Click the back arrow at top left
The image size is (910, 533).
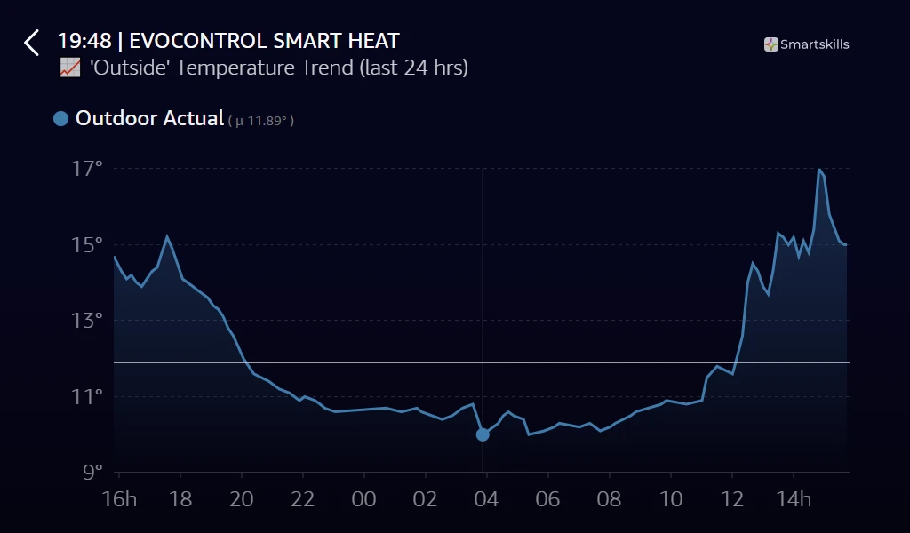pyautogui.click(x=32, y=43)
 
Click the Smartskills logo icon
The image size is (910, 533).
pyautogui.click(x=771, y=44)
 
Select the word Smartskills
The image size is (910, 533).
pyautogui.click(x=815, y=44)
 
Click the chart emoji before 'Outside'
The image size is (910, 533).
pyautogui.click(x=70, y=68)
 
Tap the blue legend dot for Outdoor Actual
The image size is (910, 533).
pyautogui.click(x=60, y=119)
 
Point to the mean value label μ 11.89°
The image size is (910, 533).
pyautogui.click(x=261, y=121)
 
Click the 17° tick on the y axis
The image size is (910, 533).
pyautogui.click(x=87, y=169)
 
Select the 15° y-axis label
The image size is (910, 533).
pyautogui.click(x=87, y=244)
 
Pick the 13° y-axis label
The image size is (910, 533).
pyautogui.click(x=87, y=321)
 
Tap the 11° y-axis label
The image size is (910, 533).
pyautogui.click(x=87, y=396)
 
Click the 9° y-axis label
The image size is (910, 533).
pyautogui.click(x=92, y=472)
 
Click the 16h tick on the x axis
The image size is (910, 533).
pyautogui.click(x=120, y=499)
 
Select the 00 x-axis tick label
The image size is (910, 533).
pyautogui.click(x=364, y=499)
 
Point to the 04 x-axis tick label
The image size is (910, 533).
pyautogui.click(x=487, y=499)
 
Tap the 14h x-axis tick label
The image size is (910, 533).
pyautogui.click(x=794, y=499)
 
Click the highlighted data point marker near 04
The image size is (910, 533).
pyautogui.click(x=483, y=434)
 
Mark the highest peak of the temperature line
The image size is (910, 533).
pyautogui.click(x=818, y=169)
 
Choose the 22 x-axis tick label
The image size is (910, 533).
pyautogui.click(x=303, y=499)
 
